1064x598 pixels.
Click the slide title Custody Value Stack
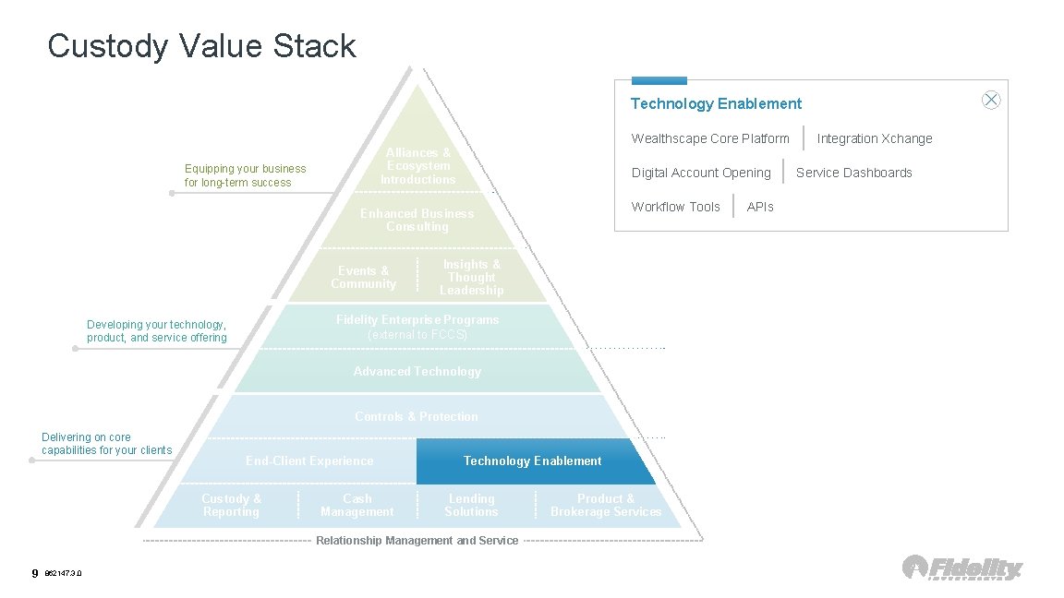coord(201,46)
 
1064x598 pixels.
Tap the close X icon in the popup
coord(991,101)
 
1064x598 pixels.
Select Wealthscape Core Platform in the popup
coord(710,138)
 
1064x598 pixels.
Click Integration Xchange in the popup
coord(874,138)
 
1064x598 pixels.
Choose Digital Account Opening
coord(701,173)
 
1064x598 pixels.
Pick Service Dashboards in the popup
coord(853,173)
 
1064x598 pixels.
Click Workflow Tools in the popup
coord(675,207)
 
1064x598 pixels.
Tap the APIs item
coord(759,207)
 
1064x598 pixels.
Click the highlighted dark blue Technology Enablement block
coord(532,461)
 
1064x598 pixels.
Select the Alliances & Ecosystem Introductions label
coord(418,166)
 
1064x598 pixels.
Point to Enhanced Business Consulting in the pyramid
coord(417,220)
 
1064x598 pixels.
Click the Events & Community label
coord(363,277)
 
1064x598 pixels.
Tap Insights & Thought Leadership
coord(471,277)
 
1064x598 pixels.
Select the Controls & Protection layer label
coord(417,416)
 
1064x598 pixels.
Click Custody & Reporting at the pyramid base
coord(232,505)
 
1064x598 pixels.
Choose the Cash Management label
coord(357,505)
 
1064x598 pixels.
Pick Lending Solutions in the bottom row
coord(471,505)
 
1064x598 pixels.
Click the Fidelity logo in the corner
coord(962,568)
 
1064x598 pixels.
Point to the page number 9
coord(35,573)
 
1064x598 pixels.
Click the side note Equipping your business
coord(245,175)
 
